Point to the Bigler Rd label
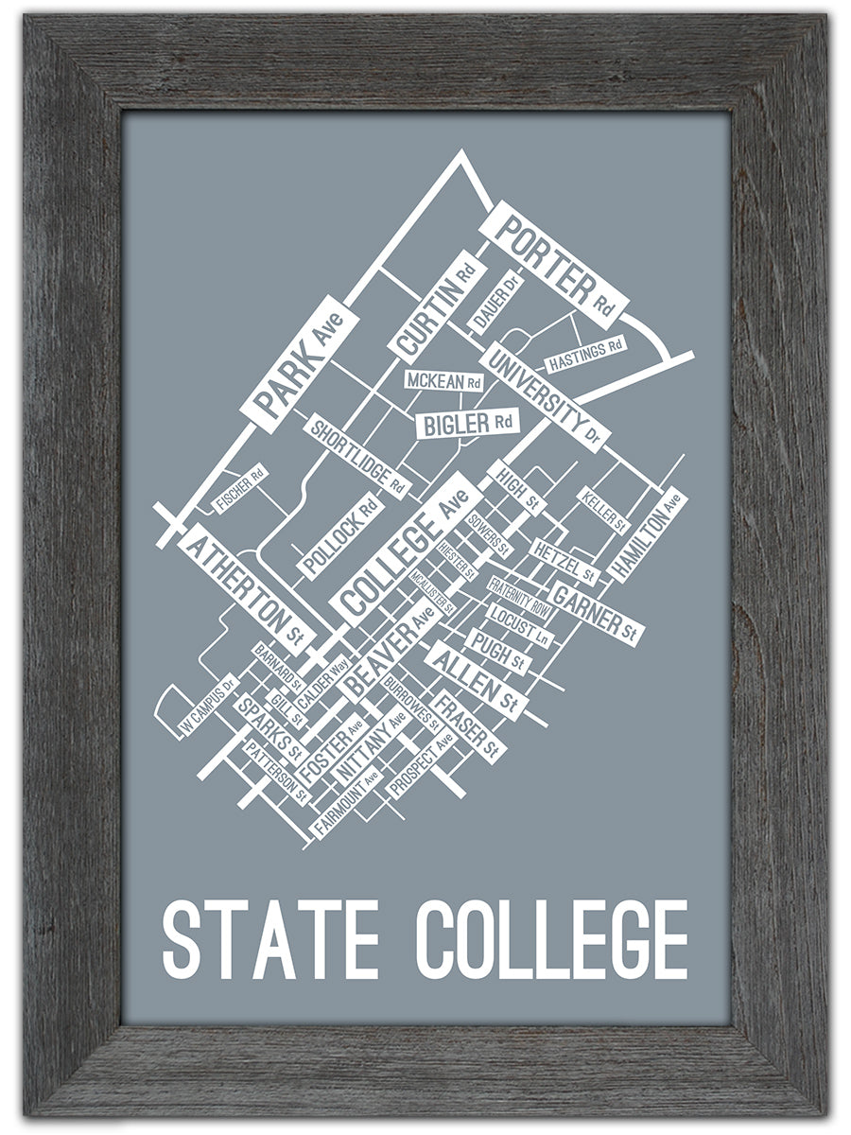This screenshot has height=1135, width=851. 468,423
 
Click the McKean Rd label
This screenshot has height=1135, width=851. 443,381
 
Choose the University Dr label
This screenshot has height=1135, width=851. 544,397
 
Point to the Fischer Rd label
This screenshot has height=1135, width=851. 240,489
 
